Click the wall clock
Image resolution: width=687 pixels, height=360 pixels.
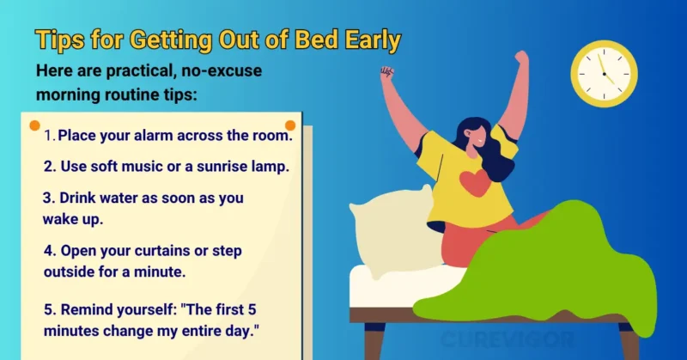[x=605, y=74]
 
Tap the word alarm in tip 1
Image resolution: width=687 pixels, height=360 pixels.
[x=153, y=135]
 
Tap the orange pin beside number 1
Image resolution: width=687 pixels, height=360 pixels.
[x=34, y=125]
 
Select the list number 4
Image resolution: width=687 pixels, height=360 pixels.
[x=48, y=250]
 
